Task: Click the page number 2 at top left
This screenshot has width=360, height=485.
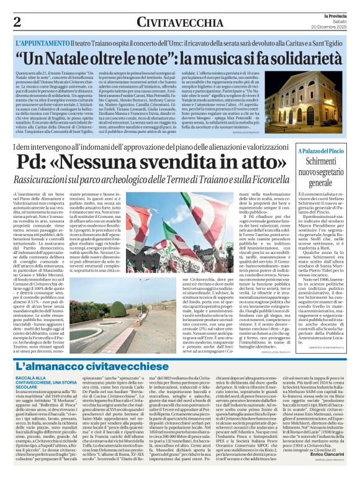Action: [17, 22]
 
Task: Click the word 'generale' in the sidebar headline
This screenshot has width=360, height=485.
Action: [320, 183]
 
